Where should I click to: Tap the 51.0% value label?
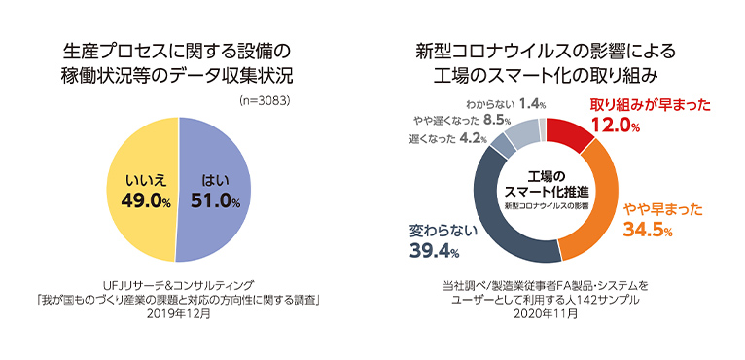point(215,201)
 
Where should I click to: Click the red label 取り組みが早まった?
point(637,104)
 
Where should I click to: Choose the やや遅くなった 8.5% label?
point(477,121)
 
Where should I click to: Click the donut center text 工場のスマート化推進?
point(544,185)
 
